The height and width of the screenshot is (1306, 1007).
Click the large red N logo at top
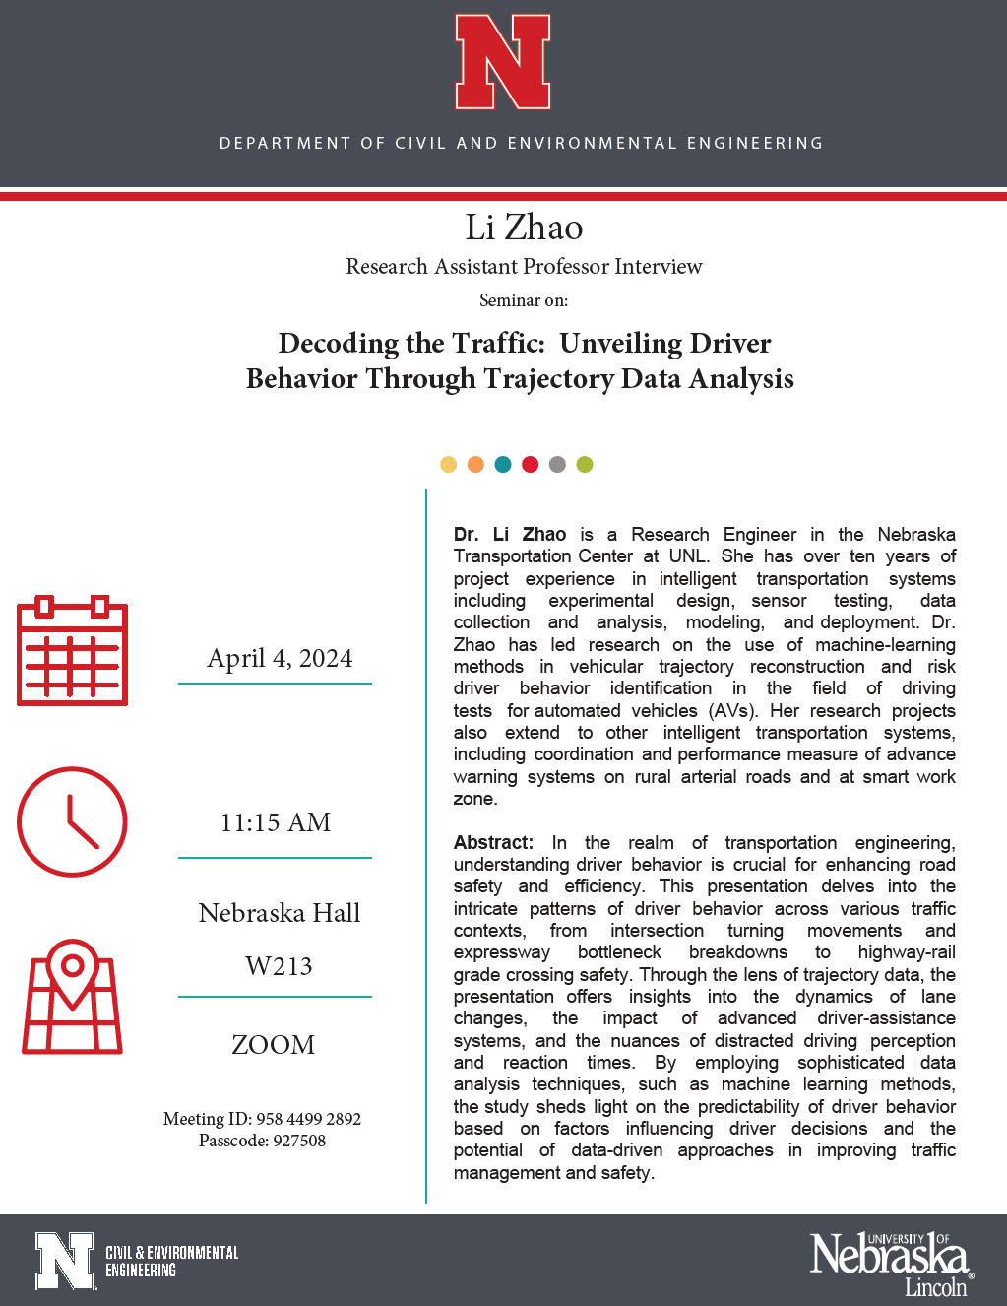(x=503, y=61)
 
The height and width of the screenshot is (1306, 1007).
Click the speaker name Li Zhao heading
(x=524, y=228)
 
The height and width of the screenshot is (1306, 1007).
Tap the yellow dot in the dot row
(x=448, y=464)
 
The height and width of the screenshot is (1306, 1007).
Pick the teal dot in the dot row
(x=503, y=464)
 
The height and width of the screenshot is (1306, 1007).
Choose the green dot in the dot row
(x=585, y=464)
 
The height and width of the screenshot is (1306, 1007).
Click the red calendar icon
(x=72, y=651)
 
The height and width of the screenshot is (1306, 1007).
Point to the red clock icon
(x=72, y=821)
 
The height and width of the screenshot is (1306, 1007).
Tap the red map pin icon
(x=72, y=996)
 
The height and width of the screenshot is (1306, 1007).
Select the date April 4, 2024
(x=280, y=658)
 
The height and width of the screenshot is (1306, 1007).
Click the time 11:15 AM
(x=276, y=822)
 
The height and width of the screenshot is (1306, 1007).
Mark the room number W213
(x=279, y=966)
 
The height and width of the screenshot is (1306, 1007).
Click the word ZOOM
(x=274, y=1045)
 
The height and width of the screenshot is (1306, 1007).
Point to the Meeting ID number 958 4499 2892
(x=308, y=1119)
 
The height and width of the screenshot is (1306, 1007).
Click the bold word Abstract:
(x=493, y=843)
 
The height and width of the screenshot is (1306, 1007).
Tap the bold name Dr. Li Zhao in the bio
(x=510, y=535)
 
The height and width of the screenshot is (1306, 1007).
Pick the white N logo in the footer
(x=65, y=1261)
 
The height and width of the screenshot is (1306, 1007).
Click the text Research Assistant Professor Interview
(x=524, y=267)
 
